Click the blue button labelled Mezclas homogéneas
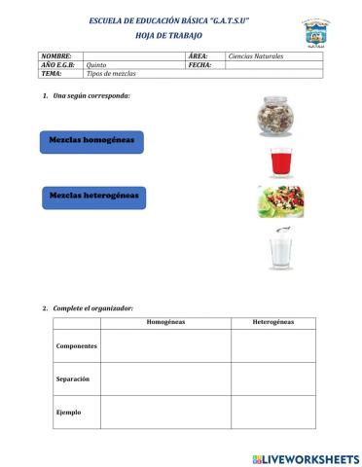coord(93,141)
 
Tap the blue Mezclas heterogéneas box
coord(94,196)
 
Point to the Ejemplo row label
coord(69,412)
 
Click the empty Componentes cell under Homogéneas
coord(165,345)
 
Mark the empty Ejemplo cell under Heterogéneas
coord(273,412)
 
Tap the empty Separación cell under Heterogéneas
coord(273,377)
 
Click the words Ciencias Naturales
coord(255,56)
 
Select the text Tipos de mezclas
coord(112,74)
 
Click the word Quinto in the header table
coord(96,65)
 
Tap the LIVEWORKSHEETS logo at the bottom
coord(305,458)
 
